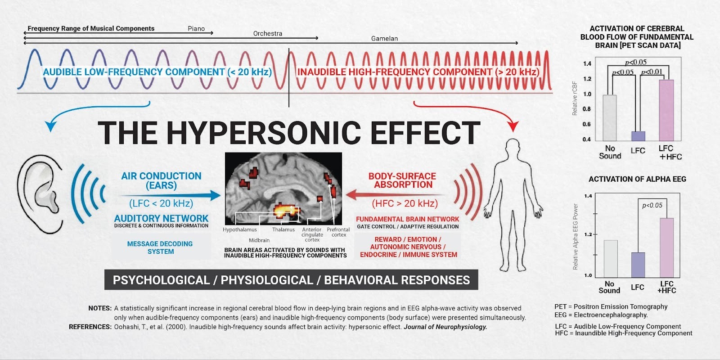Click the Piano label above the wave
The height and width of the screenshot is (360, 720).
pyautogui.click(x=196, y=28)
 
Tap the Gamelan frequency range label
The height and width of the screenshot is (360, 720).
pyautogui.click(x=384, y=39)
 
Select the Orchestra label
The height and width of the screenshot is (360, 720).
pyautogui.click(x=268, y=33)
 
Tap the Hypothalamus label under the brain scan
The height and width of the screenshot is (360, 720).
pyautogui.click(x=240, y=229)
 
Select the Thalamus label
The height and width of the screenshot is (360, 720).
pyautogui.click(x=283, y=229)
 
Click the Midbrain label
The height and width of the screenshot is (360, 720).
pyautogui.click(x=259, y=240)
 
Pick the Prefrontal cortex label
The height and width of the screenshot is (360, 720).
pyautogui.click(x=338, y=232)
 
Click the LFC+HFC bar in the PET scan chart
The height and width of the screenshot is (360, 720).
pyautogui.click(x=666, y=110)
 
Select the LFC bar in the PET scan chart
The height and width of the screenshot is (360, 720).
pyautogui.click(x=638, y=136)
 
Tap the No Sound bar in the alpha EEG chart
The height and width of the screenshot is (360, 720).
pyautogui.click(x=610, y=259)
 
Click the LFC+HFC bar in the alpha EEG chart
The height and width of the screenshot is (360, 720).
pyautogui.click(x=666, y=247)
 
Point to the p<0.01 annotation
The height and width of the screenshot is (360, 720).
pyautogui.click(x=652, y=72)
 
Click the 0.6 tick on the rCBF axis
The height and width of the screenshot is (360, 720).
pyautogui.click(x=587, y=124)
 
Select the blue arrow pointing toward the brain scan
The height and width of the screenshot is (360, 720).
pyautogui.click(x=171, y=195)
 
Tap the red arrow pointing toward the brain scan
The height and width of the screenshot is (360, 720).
pyautogui.click(x=396, y=195)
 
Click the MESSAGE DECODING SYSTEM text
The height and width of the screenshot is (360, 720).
pyautogui.click(x=160, y=247)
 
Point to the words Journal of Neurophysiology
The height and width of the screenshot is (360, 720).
pyautogui.click(x=445, y=327)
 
